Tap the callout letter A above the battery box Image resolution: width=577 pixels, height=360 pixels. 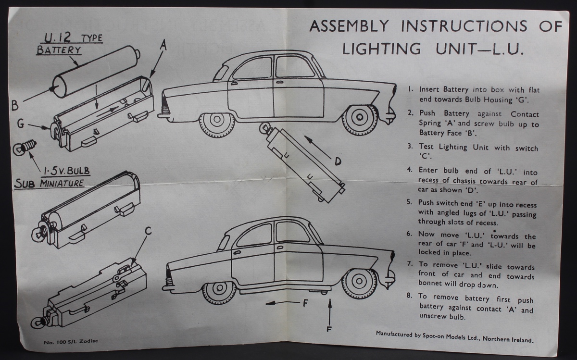pos(163,45)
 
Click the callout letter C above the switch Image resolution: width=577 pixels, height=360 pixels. pos(148,232)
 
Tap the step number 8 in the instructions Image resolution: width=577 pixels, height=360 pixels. pos(409,296)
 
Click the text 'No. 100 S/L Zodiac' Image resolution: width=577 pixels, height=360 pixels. pos(68,342)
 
